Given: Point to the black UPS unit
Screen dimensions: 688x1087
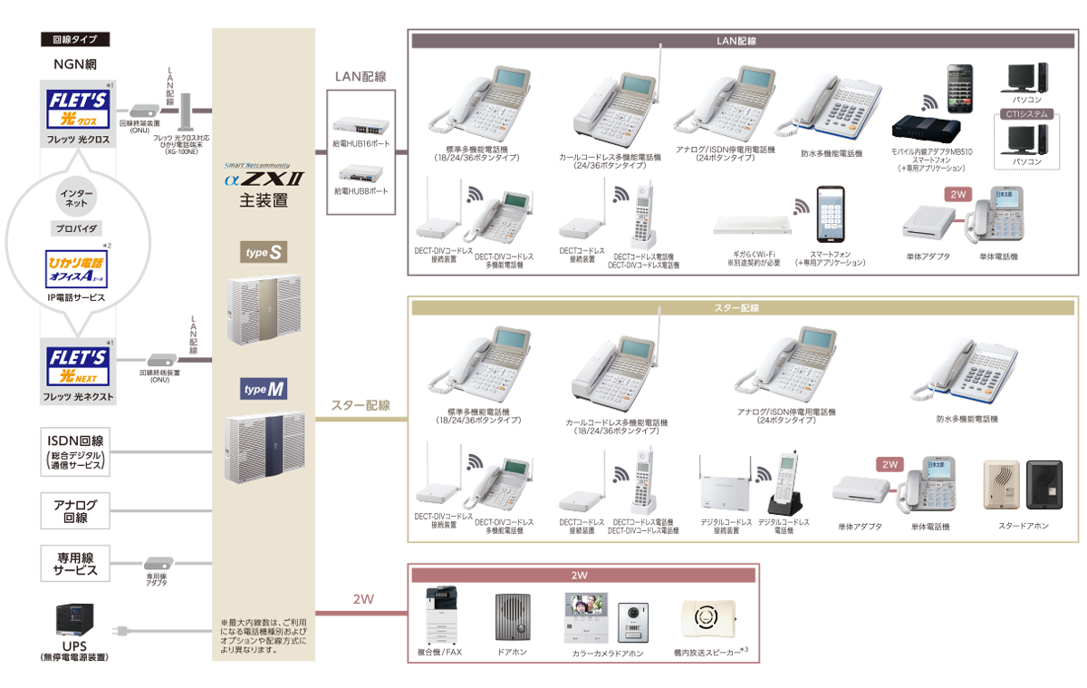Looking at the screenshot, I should point(74,620).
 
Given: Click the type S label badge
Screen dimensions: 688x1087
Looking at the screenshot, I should point(263,253).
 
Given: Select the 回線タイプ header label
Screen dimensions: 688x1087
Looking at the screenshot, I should point(75,40).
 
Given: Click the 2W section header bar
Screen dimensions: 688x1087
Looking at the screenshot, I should point(582,575).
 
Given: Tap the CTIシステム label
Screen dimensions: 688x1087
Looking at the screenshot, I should point(1026,114).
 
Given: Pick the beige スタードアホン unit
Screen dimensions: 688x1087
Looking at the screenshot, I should point(1000,483).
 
